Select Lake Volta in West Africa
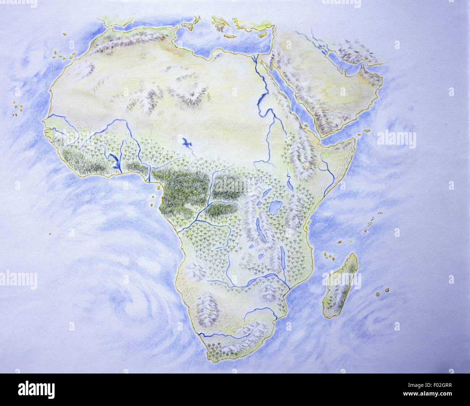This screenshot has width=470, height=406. click(x=115, y=161)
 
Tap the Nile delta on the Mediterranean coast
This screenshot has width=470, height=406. click(x=256, y=58)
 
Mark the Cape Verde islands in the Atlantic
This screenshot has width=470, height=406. click(x=17, y=108)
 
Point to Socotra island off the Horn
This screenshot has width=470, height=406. click(x=366, y=130)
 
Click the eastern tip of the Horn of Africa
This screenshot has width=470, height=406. click(x=353, y=139)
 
